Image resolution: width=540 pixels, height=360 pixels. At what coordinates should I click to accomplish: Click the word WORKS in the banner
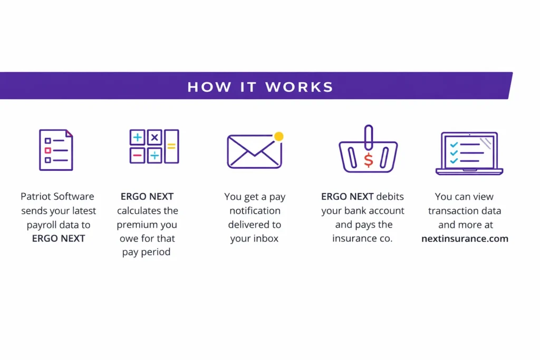tap(299, 86)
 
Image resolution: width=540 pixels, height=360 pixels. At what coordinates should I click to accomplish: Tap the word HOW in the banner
tap(209, 86)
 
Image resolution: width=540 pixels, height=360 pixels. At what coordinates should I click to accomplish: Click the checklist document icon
tap(56, 150)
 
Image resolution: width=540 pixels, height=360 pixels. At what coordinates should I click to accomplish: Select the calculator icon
tap(154, 146)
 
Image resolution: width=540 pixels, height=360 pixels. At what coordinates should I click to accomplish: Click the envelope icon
tap(255, 151)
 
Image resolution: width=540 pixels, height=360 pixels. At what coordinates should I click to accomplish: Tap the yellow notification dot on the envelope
tap(278, 137)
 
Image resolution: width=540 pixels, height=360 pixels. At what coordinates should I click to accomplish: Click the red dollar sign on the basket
tap(369, 160)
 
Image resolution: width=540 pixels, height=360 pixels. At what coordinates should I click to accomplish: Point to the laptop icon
tap(469, 153)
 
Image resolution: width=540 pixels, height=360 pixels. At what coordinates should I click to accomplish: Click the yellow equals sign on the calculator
tap(171, 146)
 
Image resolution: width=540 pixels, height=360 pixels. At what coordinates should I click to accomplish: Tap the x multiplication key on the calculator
tap(155, 138)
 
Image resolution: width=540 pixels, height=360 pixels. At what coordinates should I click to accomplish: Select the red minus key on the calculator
tap(137, 155)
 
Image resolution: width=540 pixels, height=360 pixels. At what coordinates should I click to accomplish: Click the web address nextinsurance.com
tap(465, 238)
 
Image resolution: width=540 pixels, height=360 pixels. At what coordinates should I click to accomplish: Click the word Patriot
tap(36, 197)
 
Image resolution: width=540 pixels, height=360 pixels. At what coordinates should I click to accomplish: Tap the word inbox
tap(266, 238)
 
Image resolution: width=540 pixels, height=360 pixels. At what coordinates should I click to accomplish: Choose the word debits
tap(391, 197)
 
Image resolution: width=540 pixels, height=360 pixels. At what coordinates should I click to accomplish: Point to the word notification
tap(254, 210)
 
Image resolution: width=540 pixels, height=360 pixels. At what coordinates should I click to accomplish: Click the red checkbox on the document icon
tap(48, 150)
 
